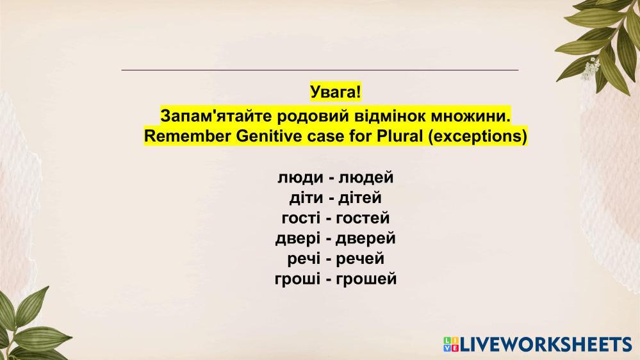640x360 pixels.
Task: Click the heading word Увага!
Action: click(x=336, y=92)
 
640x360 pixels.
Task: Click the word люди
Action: click(x=300, y=177)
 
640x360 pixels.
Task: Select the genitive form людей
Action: click(x=366, y=177)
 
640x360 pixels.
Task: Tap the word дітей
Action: click(x=360, y=197)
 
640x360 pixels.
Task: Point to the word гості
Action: click(x=301, y=218)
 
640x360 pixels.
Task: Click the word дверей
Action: click(x=366, y=238)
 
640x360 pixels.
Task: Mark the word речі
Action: click(x=304, y=259)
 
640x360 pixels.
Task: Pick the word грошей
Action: click(x=366, y=279)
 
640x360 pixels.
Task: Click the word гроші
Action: click(x=297, y=279)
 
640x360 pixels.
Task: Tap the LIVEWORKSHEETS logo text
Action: click(x=546, y=345)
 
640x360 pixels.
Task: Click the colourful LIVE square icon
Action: click(x=451, y=345)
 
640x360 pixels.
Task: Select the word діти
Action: click(x=306, y=197)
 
